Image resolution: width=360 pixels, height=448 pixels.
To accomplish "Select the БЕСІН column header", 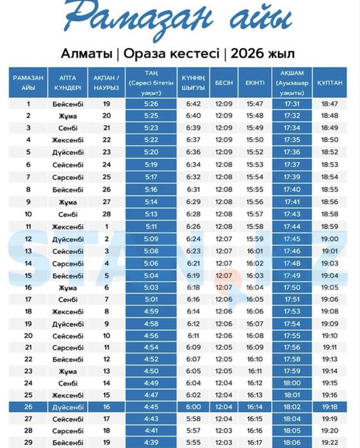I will (224, 83).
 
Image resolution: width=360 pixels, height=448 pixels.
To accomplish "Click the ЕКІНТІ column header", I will (255, 83).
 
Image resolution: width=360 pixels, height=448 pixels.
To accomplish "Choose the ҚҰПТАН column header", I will (329, 83).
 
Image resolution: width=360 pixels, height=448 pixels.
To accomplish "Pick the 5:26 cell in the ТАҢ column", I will (151, 103).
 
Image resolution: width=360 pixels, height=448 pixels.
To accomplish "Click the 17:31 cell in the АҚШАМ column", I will (292, 103).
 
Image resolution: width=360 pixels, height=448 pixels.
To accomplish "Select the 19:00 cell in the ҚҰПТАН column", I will (329, 239).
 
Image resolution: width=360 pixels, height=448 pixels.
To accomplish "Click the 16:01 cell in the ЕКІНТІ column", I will (255, 251).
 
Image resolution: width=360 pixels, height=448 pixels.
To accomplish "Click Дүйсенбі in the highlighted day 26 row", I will (67, 406).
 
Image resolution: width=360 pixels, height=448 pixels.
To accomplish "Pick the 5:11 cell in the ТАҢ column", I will (151, 227).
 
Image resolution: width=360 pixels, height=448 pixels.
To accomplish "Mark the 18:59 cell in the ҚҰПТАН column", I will (329, 227).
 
